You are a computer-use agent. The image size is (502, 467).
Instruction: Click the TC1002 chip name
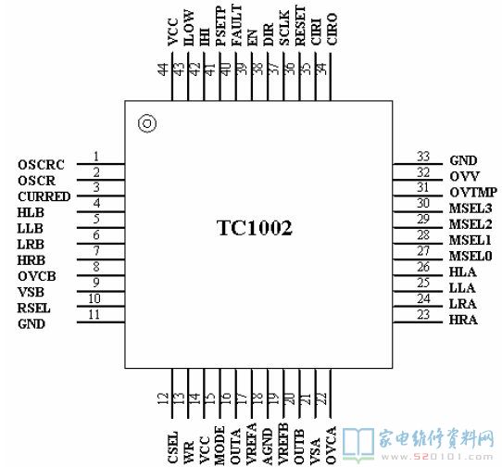click(255, 228)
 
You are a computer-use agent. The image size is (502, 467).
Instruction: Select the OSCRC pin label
click(41, 165)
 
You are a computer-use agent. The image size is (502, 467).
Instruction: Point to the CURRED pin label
click(44, 196)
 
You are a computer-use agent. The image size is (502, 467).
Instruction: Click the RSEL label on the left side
click(33, 309)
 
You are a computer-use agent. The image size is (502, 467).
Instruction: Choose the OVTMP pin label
click(473, 192)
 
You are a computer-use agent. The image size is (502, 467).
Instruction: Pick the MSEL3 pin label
click(471, 208)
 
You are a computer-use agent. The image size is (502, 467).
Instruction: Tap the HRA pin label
click(463, 320)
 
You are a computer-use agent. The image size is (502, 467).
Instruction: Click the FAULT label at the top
click(237, 25)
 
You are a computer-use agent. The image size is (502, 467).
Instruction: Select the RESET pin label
click(301, 26)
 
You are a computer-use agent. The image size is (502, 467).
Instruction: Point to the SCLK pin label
click(284, 28)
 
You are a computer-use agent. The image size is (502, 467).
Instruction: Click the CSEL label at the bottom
click(173, 448)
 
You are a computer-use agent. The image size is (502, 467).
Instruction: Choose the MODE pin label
click(220, 446)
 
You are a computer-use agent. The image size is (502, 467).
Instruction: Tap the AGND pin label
click(268, 447)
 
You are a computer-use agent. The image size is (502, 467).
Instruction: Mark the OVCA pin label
click(331, 446)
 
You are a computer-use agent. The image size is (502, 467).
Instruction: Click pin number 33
click(423, 157)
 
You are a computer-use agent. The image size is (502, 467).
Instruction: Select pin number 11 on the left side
click(94, 314)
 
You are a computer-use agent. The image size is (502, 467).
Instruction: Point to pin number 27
click(423, 251)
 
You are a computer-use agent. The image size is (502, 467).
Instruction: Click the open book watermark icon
click(358, 445)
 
